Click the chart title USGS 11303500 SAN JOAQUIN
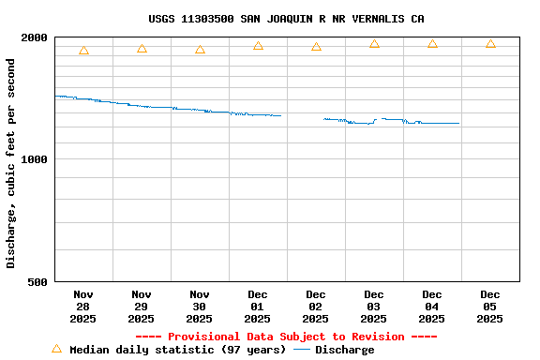286,19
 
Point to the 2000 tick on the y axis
35,37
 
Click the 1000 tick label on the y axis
35,159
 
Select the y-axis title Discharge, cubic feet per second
11,163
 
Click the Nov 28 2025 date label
83,307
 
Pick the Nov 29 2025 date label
142,307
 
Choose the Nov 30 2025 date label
200,307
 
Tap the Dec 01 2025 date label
258,307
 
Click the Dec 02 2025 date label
316,307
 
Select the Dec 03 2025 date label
374,307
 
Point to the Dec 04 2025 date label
432,307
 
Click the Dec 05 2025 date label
490,307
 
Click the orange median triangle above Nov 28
83,51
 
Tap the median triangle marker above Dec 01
258,46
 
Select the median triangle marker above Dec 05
490,44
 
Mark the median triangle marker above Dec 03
374,44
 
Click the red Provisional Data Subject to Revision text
286,337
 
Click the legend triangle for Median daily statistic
56,349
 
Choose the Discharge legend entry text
344,350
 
